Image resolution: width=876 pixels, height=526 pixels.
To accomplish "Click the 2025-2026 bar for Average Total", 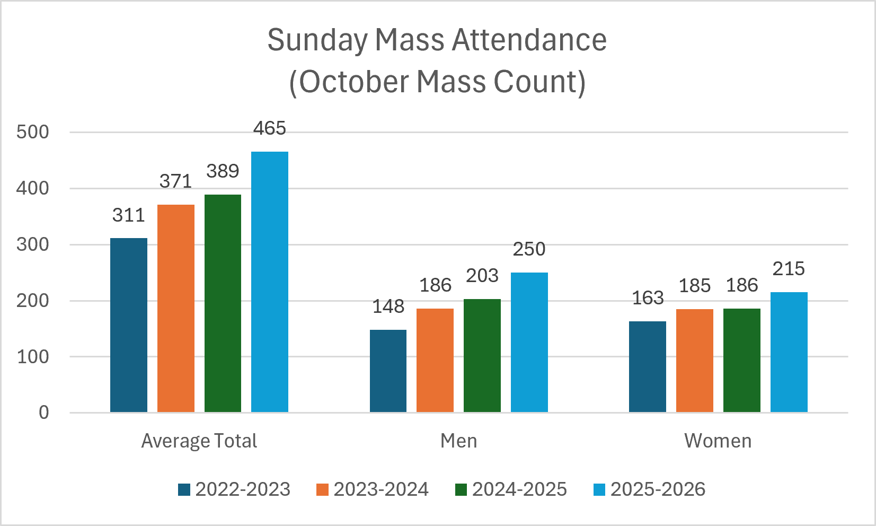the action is click(x=269, y=282).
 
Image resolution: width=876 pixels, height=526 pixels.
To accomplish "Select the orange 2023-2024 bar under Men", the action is click(x=435, y=360).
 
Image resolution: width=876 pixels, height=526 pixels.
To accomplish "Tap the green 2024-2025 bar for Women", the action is click(x=742, y=360).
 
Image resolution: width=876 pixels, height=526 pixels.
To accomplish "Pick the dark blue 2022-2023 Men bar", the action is click(x=388, y=371).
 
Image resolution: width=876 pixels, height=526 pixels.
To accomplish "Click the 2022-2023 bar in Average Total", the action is click(x=129, y=325).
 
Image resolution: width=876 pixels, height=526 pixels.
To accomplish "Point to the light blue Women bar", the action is click(x=789, y=352).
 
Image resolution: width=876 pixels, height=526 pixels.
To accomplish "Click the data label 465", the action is click(x=269, y=128).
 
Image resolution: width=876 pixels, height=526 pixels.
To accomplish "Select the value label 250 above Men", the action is click(x=529, y=249).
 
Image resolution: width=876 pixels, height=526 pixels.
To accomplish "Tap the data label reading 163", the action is click(x=648, y=298).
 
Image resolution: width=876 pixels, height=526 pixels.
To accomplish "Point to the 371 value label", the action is click(x=175, y=181).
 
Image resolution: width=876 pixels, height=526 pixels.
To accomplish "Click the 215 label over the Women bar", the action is click(x=789, y=269).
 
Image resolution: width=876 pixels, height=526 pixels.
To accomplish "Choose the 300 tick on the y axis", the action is click(x=32, y=244).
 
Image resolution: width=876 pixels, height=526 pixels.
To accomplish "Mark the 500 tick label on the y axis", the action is click(x=32, y=132).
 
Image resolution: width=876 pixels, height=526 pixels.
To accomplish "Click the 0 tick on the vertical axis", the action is click(x=44, y=413).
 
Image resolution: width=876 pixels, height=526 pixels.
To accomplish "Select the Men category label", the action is click(x=459, y=441).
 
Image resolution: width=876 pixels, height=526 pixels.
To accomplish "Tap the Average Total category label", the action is click(x=199, y=441).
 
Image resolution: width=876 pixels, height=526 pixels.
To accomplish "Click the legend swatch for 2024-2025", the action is click(x=461, y=489).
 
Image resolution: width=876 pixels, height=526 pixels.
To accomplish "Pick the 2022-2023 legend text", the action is click(x=243, y=489).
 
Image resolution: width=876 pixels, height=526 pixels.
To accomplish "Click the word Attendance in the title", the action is click(x=529, y=40).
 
